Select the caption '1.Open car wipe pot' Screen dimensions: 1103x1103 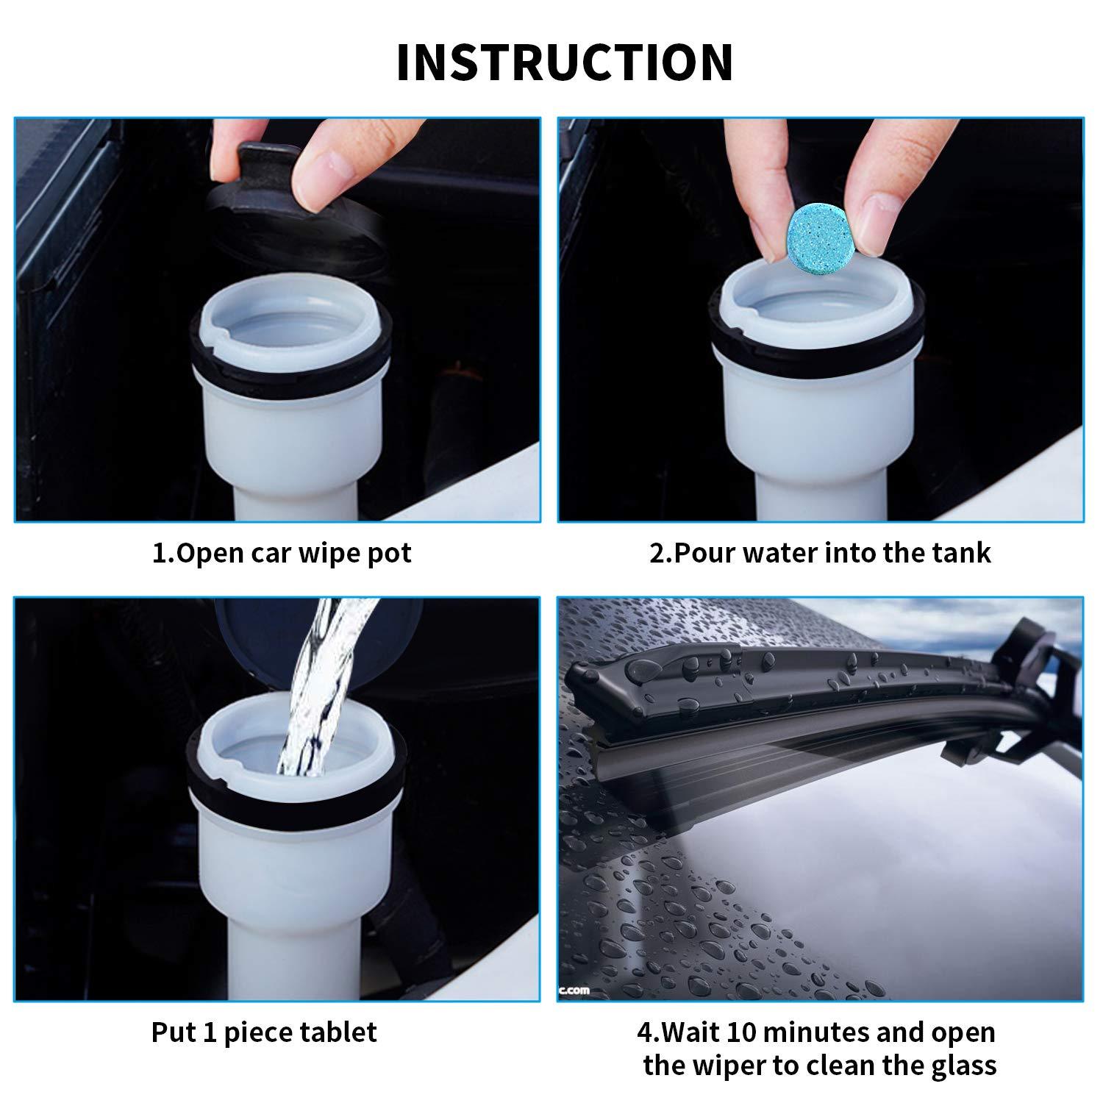(x=282, y=553)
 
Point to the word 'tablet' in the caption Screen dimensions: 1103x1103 (x=339, y=1032)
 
